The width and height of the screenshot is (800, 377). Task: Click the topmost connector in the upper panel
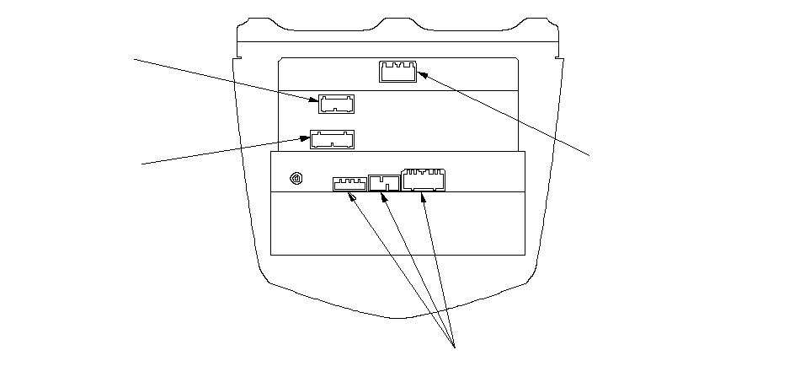click(x=397, y=72)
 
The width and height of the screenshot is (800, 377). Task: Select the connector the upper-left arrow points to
click(x=336, y=104)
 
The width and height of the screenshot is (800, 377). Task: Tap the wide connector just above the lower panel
click(x=333, y=139)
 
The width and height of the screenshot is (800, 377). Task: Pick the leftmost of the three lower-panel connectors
click(x=349, y=183)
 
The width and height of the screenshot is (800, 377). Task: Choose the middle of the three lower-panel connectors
click(x=385, y=182)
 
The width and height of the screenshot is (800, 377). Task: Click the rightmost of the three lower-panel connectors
click(x=424, y=180)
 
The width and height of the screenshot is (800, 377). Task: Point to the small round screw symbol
click(x=296, y=179)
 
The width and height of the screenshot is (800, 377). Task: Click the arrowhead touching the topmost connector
click(x=422, y=75)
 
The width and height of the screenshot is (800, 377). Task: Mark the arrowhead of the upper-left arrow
click(x=315, y=100)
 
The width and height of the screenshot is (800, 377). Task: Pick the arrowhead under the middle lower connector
click(x=385, y=197)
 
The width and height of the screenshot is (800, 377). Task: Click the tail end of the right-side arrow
click(x=589, y=154)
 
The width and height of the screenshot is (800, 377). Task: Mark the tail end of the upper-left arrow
click(x=136, y=59)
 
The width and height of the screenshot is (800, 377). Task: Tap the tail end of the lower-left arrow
click(x=141, y=164)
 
